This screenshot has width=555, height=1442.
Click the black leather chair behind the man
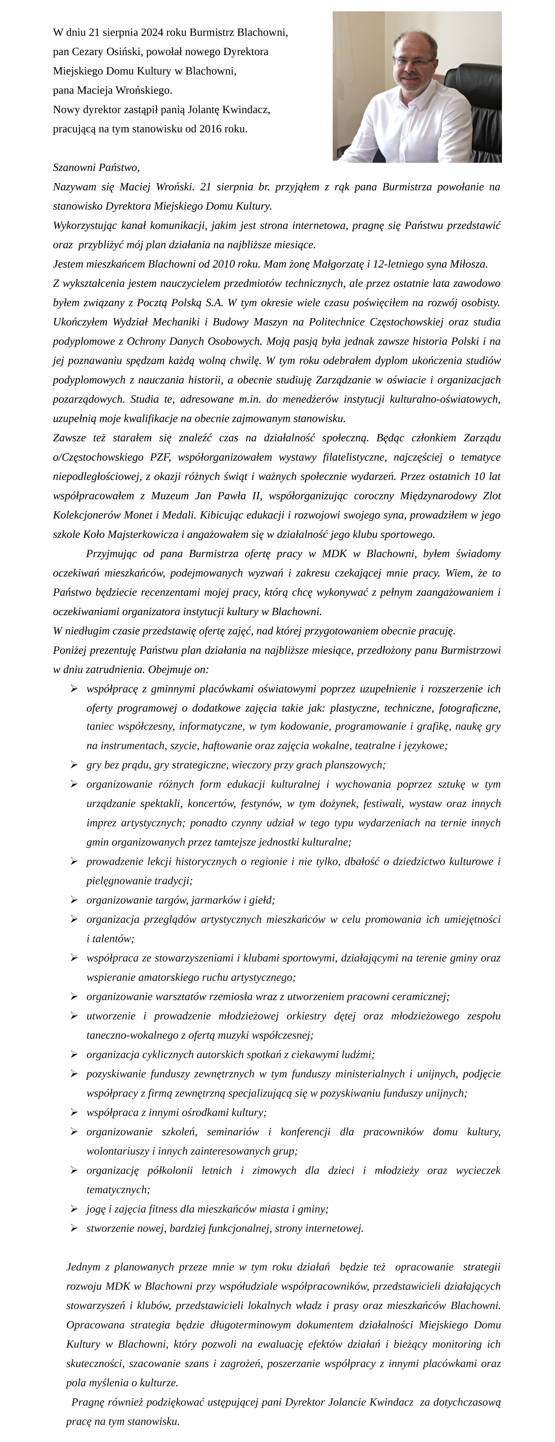coord(475,112)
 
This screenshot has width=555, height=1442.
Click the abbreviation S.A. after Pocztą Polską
coord(214,303)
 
